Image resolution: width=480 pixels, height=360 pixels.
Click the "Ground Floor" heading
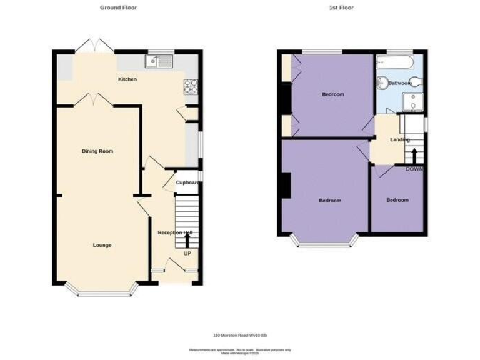click(118, 7)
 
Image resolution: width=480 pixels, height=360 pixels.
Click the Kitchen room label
click(127, 79)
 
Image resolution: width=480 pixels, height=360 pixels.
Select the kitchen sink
click(158, 61)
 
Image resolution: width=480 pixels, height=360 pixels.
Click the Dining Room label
click(97, 151)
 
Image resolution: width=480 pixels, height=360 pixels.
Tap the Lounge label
click(102, 245)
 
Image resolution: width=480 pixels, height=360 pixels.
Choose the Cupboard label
click(187, 182)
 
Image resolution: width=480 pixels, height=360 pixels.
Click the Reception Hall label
click(175, 232)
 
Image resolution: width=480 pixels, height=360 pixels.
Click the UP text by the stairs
click(187, 253)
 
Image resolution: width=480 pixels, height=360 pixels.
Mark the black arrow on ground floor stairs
click(187, 240)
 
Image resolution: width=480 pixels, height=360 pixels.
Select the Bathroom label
click(399, 83)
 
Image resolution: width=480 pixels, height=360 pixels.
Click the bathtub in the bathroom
click(394, 62)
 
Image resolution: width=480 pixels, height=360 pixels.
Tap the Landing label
click(399, 140)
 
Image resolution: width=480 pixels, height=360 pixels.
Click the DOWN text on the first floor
click(414, 169)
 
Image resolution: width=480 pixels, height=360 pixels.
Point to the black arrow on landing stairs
click(413, 156)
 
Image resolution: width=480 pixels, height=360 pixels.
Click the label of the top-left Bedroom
click(332, 94)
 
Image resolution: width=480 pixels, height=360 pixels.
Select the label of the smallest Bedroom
click(397, 200)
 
